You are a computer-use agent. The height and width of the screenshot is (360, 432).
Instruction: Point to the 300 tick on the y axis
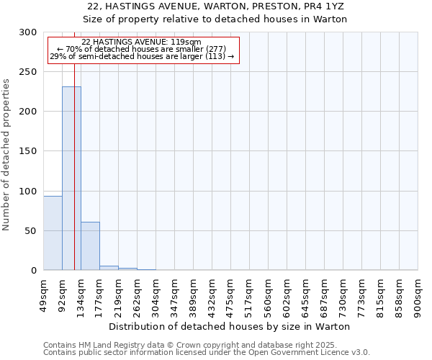point(30,32)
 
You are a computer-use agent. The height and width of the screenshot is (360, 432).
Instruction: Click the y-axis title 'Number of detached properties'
point(7,155)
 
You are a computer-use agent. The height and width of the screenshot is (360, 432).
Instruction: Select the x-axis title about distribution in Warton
point(230,326)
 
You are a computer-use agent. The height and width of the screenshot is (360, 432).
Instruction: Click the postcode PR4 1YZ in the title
point(310,6)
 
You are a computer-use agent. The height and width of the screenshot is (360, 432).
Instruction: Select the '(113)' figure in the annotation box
point(214,55)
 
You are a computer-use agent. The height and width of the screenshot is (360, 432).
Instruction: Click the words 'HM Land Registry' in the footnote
point(106,345)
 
